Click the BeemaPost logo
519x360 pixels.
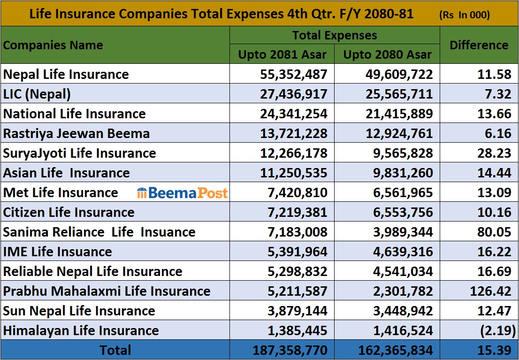(x=182, y=193)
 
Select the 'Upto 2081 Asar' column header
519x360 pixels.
(x=282, y=54)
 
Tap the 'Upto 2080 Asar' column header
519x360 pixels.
(x=387, y=54)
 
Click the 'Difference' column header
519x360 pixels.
(x=479, y=45)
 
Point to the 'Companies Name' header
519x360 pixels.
(x=53, y=45)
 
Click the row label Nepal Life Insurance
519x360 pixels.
(x=66, y=74)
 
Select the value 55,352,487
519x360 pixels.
(x=293, y=74)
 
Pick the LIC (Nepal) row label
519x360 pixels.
(x=37, y=94)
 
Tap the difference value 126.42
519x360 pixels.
(x=490, y=291)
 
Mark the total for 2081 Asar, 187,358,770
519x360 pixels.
(x=290, y=350)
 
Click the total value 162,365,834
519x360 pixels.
(x=395, y=350)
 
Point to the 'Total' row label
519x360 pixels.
(x=115, y=350)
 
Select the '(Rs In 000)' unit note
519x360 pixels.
(x=464, y=15)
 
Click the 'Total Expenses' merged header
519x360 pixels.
(x=335, y=35)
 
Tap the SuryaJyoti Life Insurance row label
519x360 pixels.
(x=79, y=153)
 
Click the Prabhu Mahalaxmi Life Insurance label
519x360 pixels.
(x=107, y=291)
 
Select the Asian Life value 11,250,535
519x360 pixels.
(x=293, y=173)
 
